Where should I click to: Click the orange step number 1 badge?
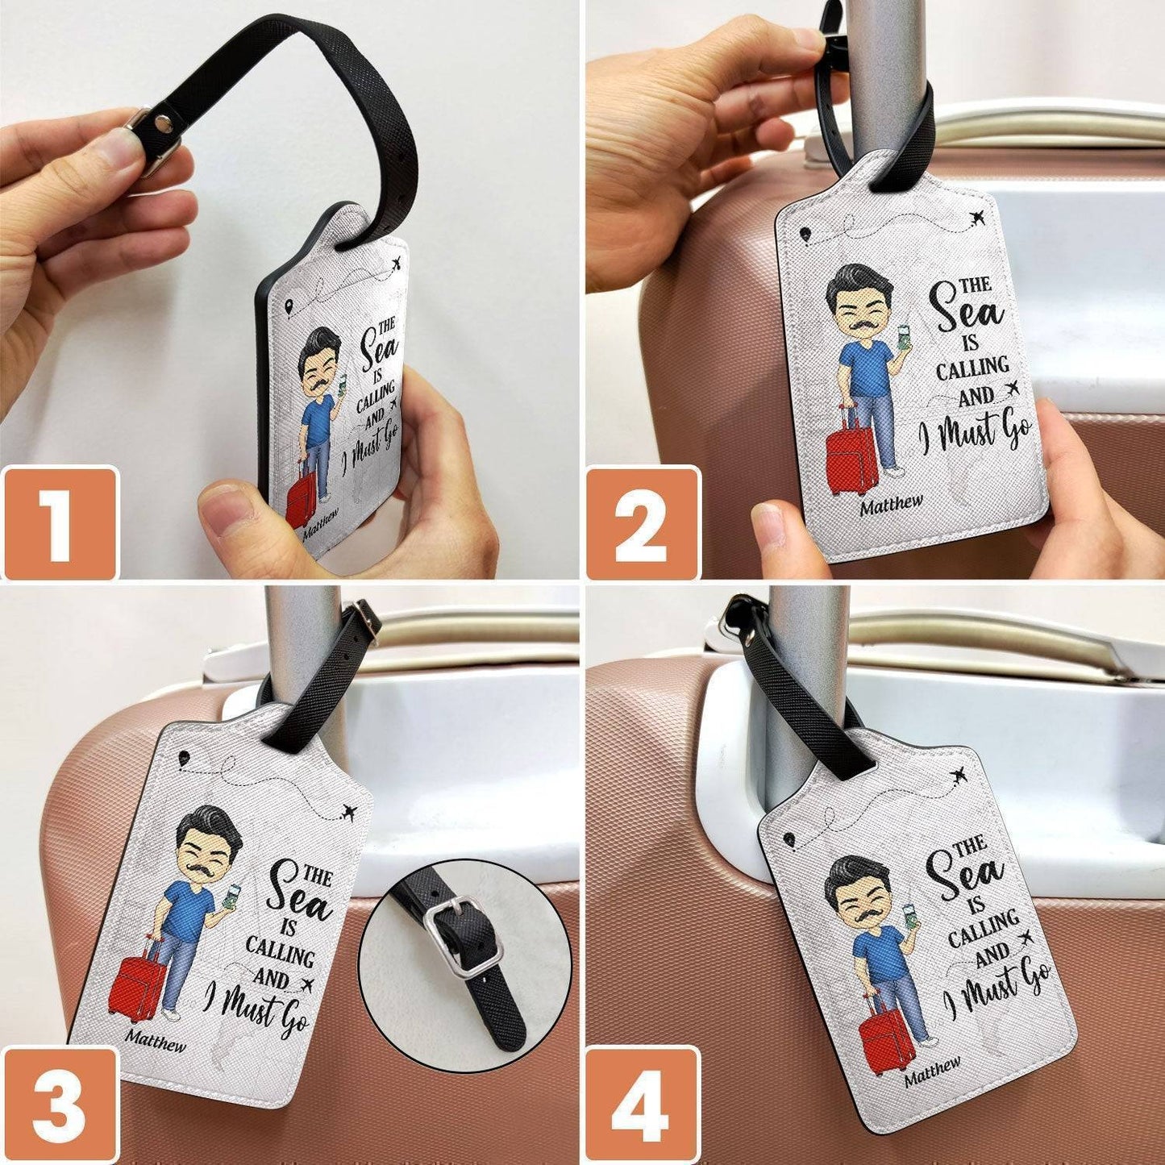click(x=60, y=522)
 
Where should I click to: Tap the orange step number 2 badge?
click(x=643, y=522)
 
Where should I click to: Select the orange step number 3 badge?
click(x=60, y=1105)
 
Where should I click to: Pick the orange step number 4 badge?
click(x=643, y=1105)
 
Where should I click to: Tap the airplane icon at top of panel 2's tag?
click(x=977, y=218)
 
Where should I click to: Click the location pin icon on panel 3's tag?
click(x=183, y=759)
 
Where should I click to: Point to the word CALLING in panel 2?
click(x=972, y=368)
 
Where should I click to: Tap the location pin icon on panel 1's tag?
click(x=289, y=306)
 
